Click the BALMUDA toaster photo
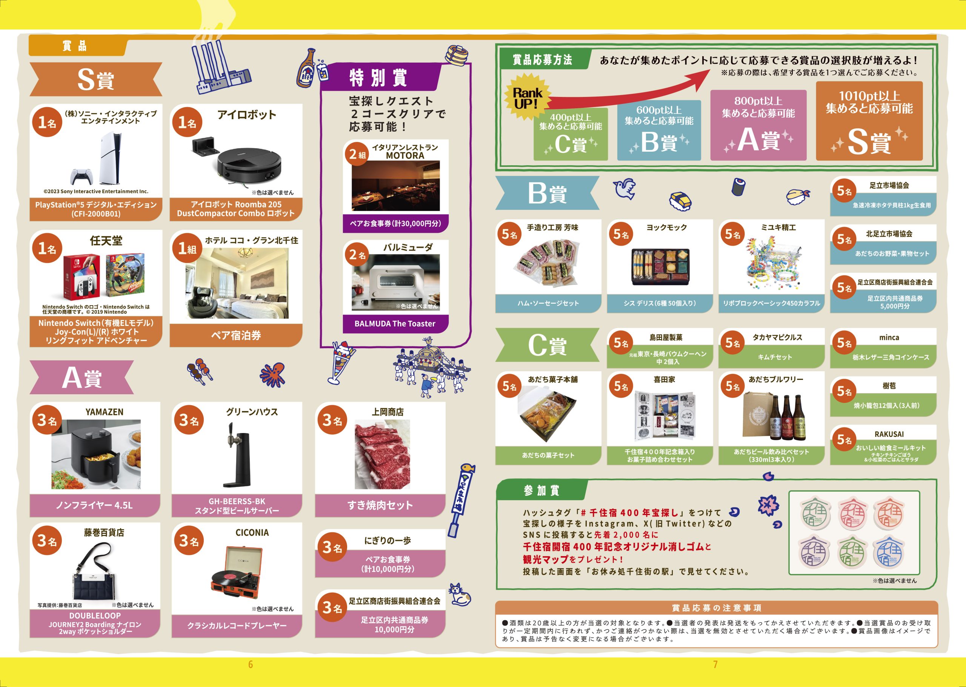(395, 282)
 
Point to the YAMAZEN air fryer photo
(96, 454)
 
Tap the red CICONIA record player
(237, 573)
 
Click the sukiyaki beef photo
(382, 454)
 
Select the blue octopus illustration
(272, 374)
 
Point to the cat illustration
(460, 594)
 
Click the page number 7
(715, 665)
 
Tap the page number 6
(251, 665)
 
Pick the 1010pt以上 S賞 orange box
(869, 121)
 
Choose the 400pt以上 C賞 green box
(571, 134)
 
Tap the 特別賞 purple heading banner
(379, 77)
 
